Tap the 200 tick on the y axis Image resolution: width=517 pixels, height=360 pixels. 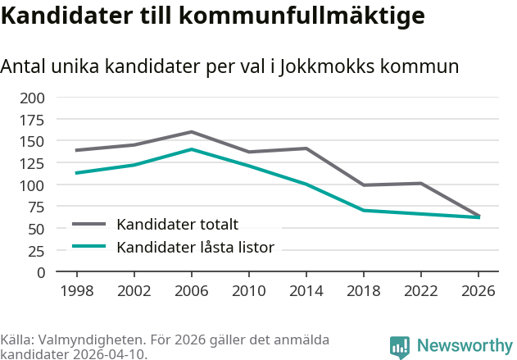click(34, 98)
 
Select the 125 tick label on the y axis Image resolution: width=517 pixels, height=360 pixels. click(34, 185)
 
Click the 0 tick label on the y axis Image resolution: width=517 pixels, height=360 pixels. click(40, 273)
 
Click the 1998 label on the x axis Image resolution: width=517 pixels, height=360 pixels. click(76, 291)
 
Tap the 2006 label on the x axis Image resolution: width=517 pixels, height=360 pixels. click(191, 291)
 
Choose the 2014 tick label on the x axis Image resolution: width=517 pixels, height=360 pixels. click(306, 291)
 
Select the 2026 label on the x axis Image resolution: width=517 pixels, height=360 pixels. click(479, 291)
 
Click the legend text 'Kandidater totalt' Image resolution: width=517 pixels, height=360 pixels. click(177, 225)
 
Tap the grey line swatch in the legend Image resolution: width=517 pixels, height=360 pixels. click(89, 224)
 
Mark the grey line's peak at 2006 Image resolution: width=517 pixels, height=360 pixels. click(191, 132)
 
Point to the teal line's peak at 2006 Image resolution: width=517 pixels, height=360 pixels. click(191, 149)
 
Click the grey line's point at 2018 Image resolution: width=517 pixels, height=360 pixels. click(364, 185)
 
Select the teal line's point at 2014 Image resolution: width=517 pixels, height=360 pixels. click(306, 185)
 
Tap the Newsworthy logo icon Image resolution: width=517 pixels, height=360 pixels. click(400, 347)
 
